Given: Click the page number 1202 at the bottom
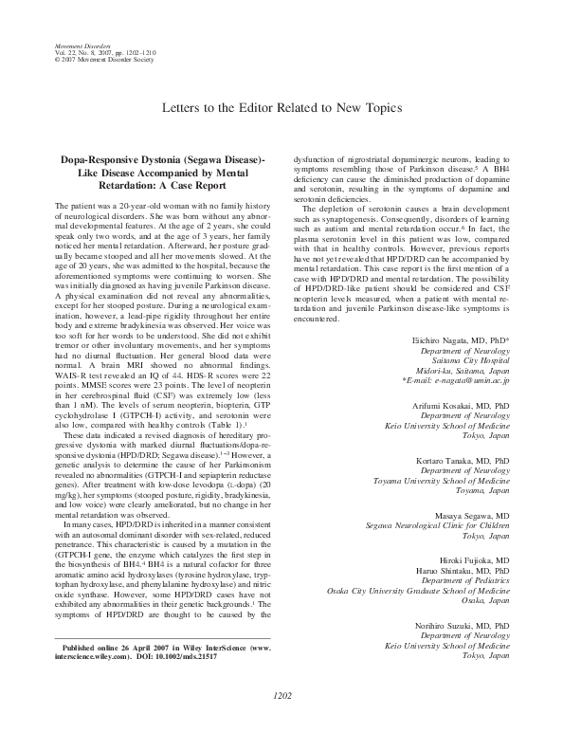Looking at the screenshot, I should [281, 722].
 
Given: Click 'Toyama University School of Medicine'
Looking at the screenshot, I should [443, 507].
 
